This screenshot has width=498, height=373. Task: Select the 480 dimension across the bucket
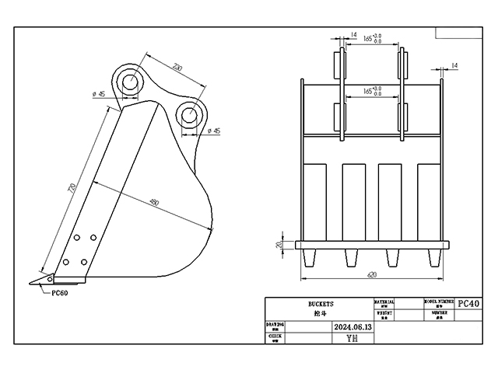click(154, 203)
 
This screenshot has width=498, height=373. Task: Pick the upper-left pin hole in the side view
click(129, 80)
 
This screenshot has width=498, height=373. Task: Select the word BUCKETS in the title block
click(320, 303)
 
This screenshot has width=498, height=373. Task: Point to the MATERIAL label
click(384, 300)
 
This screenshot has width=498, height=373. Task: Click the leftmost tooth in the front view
click(310, 257)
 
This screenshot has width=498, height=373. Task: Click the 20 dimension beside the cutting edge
click(279, 245)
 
